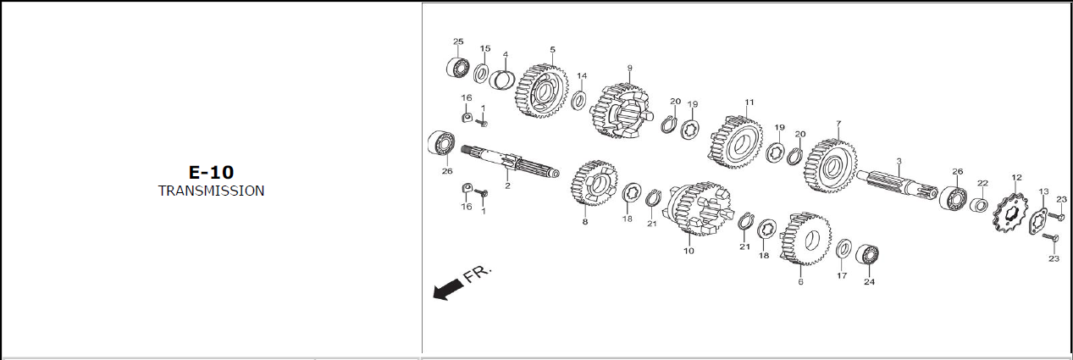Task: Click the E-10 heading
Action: click(x=211, y=172)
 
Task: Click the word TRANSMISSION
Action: click(x=211, y=191)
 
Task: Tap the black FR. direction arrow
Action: click(x=448, y=290)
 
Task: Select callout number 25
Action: click(x=458, y=42)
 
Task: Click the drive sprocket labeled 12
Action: click(x=1010, y=213)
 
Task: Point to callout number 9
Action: click(x=629, y=68)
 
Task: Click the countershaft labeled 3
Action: click(x=897, y=184)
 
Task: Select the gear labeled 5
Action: click(x=542, y=91)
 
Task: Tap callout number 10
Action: click(x=689, y=251)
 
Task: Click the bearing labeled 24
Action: click(x=866, y=254)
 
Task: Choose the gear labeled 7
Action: click(x=831, y=166)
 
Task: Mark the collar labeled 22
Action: click(x=979, y=206)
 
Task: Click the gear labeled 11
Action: click(x=735, y=142)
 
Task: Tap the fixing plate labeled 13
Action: click(x=1037, y=221)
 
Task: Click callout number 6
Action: click(x=800, y=282)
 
